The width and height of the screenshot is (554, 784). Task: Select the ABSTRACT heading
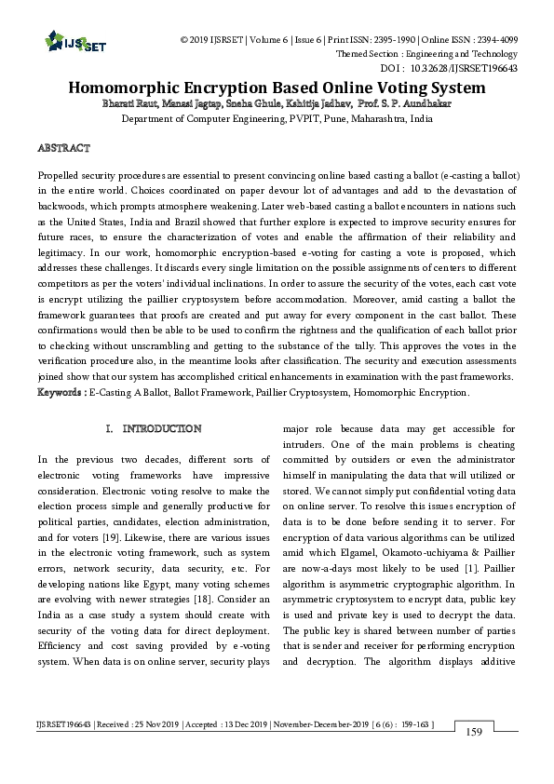pyautogui.click(x=63, y=148)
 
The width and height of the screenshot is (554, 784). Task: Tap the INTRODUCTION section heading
pyautogui.click(x=161, y=428)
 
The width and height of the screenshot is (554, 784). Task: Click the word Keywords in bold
pyautogui.click(x=59, y=393)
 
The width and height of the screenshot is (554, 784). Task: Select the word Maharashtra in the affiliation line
pyautogui.click(x=378, y=119)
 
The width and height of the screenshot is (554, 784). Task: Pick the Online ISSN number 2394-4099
pyautogui.click(x=492, y=40)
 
